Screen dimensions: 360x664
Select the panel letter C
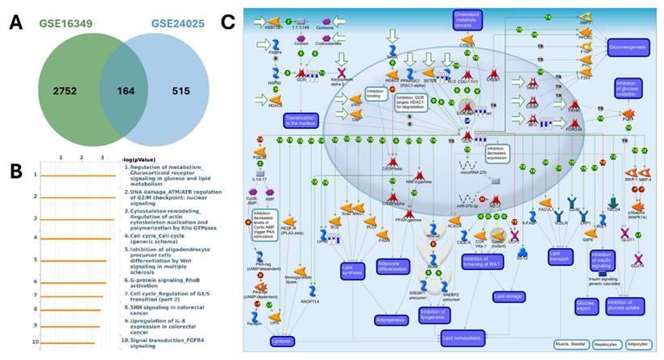point(228,20)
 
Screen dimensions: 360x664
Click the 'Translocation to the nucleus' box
point(304,120)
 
